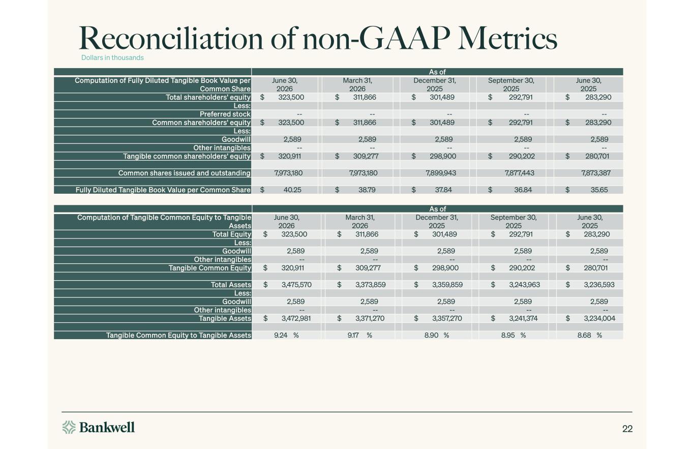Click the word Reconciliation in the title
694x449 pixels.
tap(171, 39)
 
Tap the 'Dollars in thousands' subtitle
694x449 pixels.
tap(112, 57)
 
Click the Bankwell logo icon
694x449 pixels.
tap(69, 427)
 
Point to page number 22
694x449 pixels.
tap(627, 429)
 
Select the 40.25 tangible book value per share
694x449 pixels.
tap(292, 190)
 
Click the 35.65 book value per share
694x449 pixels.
tap(599, 190)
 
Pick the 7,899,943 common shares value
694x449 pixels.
tap(441, 173)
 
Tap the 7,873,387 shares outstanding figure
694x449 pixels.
tap(596, 173)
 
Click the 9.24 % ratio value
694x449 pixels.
tap(286, 335)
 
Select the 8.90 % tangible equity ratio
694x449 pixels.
tap(437, 335)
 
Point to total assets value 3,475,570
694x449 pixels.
tap(296, 285)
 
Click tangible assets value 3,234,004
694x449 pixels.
tap(599, 318)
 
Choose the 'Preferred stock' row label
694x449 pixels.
tap(225, 114)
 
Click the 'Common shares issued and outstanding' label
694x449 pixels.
tap(185, 173)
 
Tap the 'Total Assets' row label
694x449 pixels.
tap(231, 285)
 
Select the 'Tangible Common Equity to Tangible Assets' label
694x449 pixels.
tap(178, 335)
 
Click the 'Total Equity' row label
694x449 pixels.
tap(232, 234)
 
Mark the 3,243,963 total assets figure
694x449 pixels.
tap(525, 285)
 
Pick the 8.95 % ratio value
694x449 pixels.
tap(514, 335)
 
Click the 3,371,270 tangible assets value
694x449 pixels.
tap(370, 318)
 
